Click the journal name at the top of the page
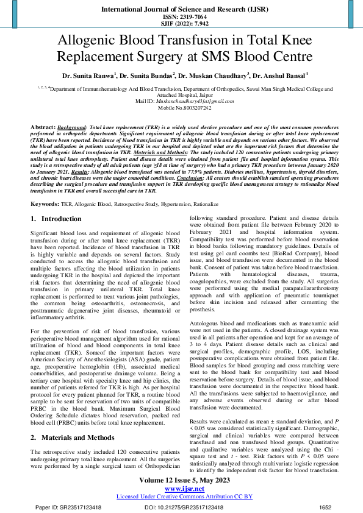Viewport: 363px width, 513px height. coord(181,10)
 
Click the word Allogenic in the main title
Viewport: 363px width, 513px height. coord(94,41)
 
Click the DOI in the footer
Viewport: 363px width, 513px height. coord(184,507)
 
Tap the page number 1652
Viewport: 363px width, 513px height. coord(325,507)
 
